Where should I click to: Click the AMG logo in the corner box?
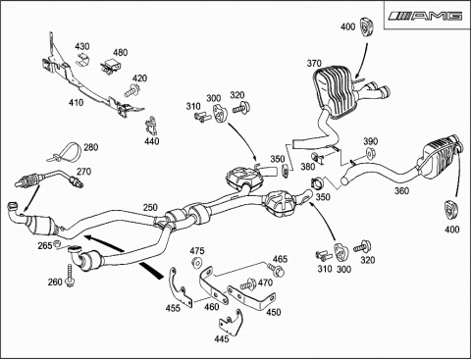tap(425, 16)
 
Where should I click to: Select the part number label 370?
tap(314, 63)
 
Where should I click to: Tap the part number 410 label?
tap(76, 103)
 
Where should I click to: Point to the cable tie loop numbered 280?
tap(66, 153)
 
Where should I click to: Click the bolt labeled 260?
tap(70, 275)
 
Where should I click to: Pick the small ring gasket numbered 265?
tap(57, 243)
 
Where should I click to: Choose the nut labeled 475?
tap(197, 263)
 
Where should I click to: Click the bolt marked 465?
tap(276, 270)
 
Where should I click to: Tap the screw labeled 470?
tap(248, 283)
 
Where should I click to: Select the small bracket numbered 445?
tap(231, 322)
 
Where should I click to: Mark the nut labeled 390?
tap(370, 153)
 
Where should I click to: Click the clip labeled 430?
tap(82, 60)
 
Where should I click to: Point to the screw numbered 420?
tap(131, 90)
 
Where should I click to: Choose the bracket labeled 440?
tap(151, 126)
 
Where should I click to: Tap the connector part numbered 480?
tap(111, 65)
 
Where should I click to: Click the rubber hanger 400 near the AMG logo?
tap(367, 26)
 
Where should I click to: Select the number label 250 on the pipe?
tap(150, 208)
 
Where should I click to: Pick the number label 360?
tap(402, 190)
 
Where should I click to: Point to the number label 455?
tap(173, 308)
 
